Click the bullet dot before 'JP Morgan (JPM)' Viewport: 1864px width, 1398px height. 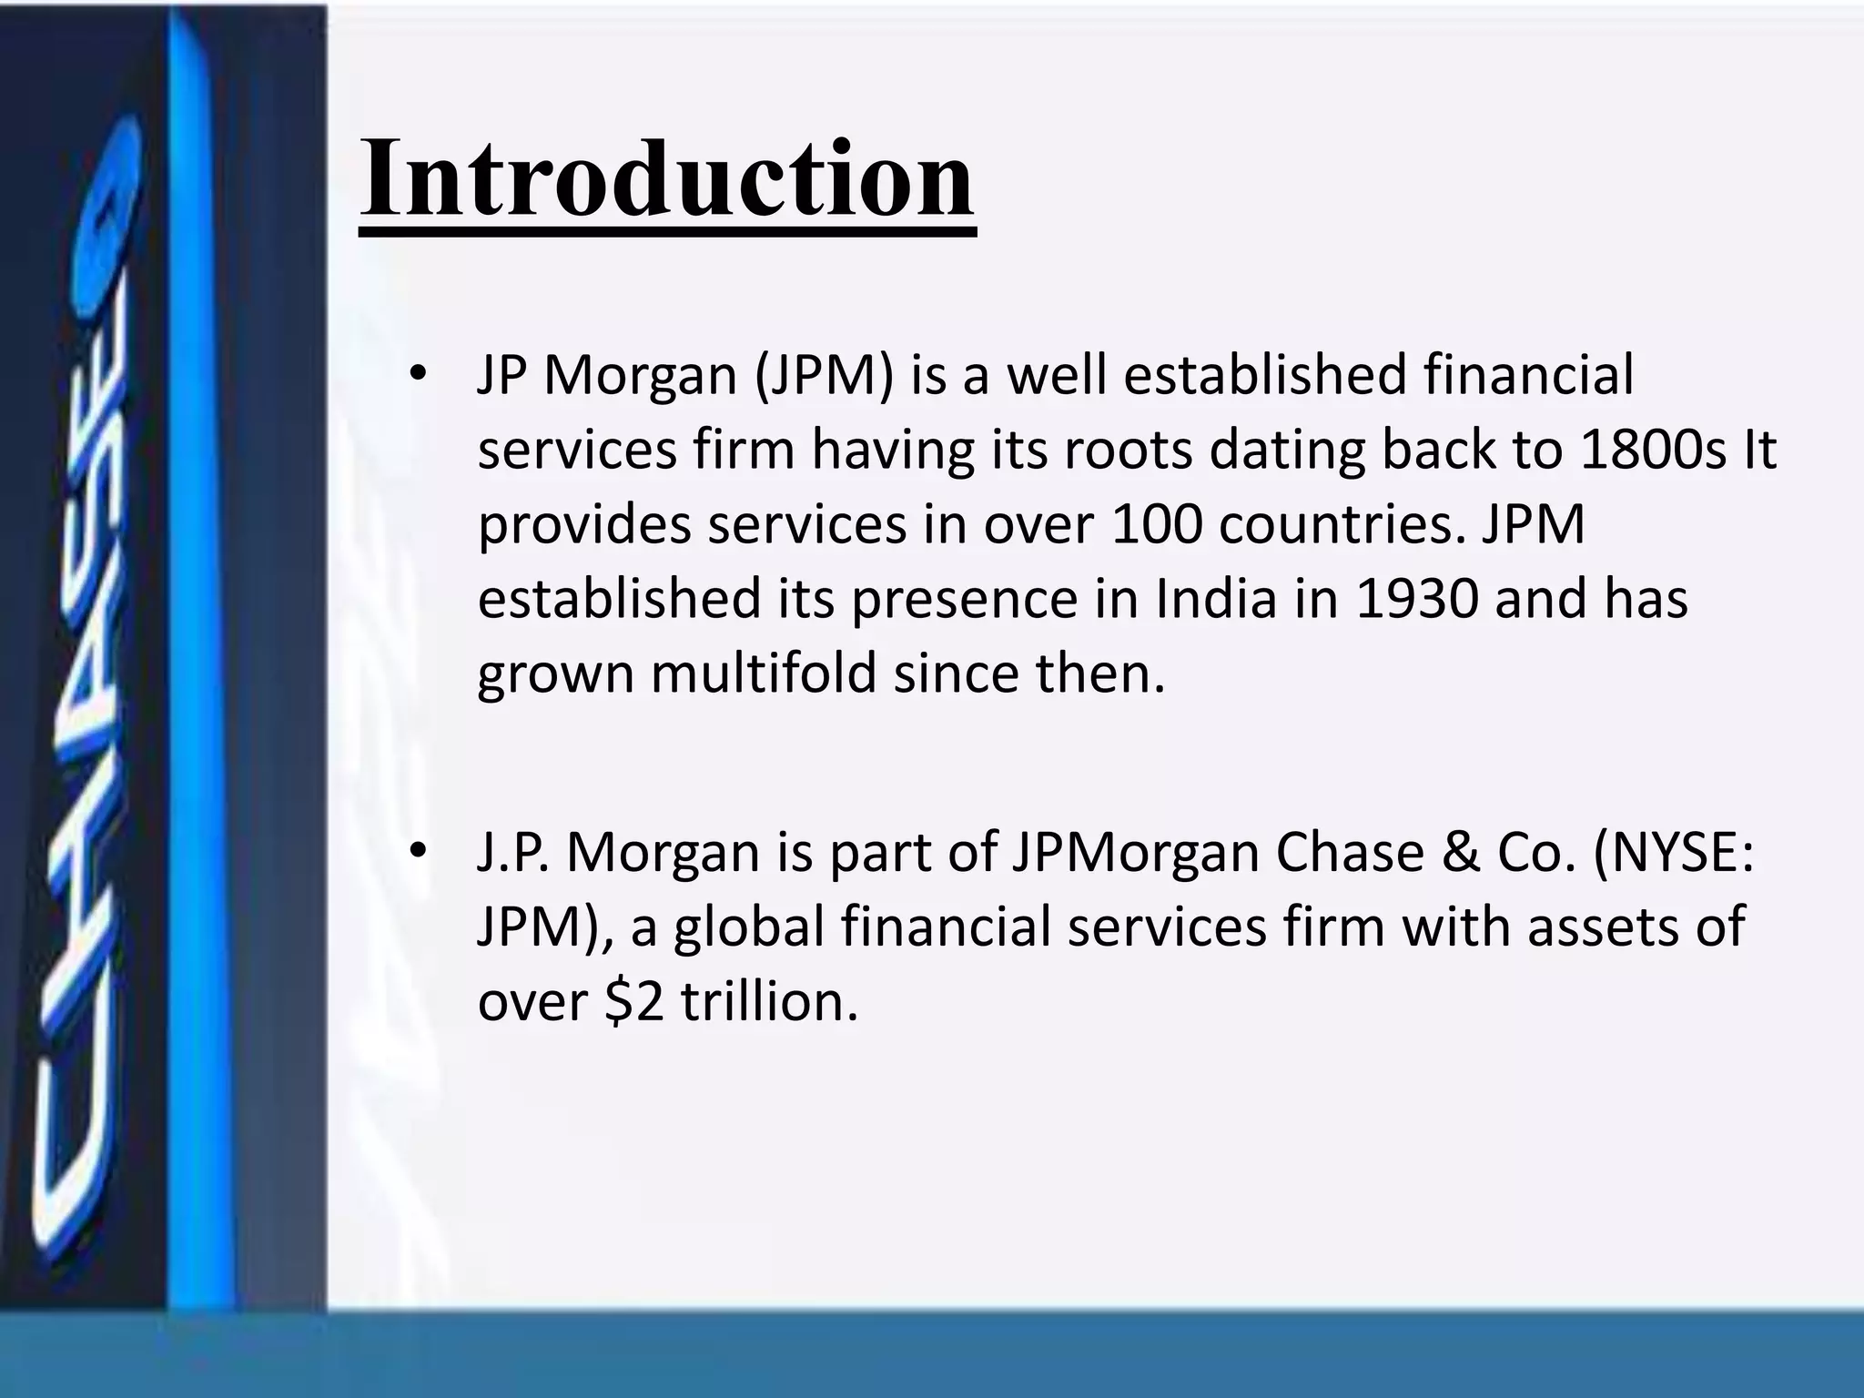point(418,375)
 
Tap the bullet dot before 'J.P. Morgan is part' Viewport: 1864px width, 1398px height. point(418,852)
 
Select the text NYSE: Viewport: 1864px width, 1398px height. point(1673,852)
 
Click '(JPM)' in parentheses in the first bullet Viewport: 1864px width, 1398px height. point(824,375)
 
